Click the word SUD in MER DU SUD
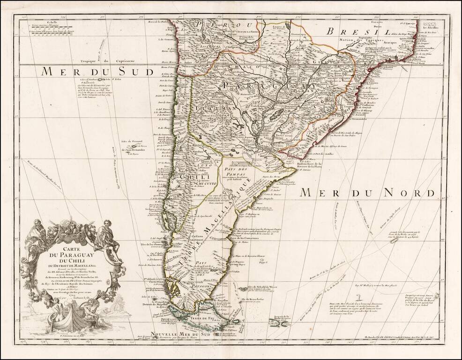pos(135,71)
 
